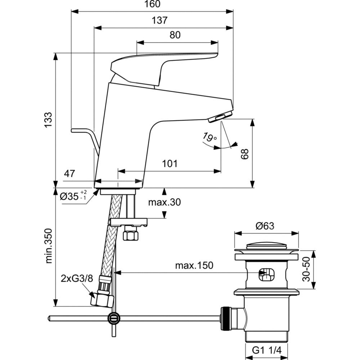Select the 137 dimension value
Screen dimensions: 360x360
pyautogui.click(x=160, y=21)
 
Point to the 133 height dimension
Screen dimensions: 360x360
pyautogui.click(x=48, y=119)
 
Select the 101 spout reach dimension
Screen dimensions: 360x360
pyautogui.click(x=170, y=164)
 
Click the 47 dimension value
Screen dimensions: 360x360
pyautogui.click(x=69, y=174)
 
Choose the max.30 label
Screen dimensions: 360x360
pyautogui.click(x=164, y=202)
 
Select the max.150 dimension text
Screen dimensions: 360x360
pyautogui.click(x=194, y=266)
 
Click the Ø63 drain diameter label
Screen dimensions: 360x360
pyautogui.click(x=265, y=226)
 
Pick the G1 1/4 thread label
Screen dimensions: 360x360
pyautogui.click(x=266, y=350)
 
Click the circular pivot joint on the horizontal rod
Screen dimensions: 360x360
pyautogui.click(x=114, y=318)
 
